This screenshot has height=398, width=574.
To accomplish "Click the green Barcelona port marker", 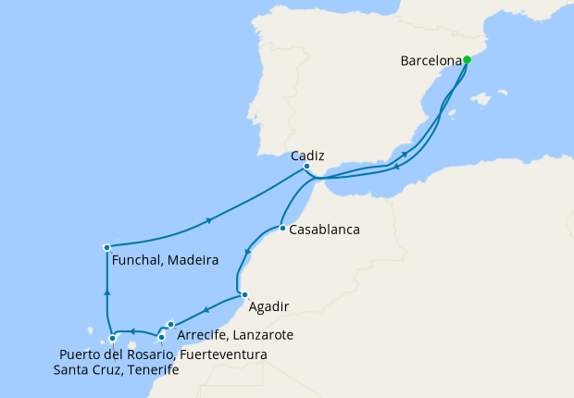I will pyautogui.click(x=467, y=60).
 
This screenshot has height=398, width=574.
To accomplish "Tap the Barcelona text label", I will pyautogui.click(x=430, y=61).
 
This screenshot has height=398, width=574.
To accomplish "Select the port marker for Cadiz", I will pyautogui.click(x=306, y=167).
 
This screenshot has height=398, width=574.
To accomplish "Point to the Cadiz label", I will pyautogui.click(x=306, y=156).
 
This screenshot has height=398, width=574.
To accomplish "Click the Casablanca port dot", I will pyautogui.click(x=281, y=228).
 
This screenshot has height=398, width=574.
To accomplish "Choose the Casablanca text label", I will pyautogui.click(x=324, y=229).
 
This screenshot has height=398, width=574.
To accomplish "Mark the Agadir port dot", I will pyautogui.click(x=244, y=295).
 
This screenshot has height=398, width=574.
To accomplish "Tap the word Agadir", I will pyautogui.click(x=269, y=305).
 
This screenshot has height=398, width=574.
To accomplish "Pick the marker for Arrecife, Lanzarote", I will pyautogui.click(x=171, y=324).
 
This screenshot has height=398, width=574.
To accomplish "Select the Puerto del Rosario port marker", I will pyautogui.click(x=162, y=337).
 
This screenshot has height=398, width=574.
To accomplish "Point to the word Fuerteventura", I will pyautogui.click(x=224, y=354).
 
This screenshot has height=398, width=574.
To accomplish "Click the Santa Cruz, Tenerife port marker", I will pyautogui.click(x=112, y=338).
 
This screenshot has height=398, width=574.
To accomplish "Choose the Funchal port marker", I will pyautogui.click(x=107, y=247).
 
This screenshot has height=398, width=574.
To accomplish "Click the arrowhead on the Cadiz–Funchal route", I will pyautogui.click(x=209, y=220).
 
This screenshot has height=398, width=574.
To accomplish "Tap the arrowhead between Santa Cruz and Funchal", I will pyautogui.click(x=107, y=292).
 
